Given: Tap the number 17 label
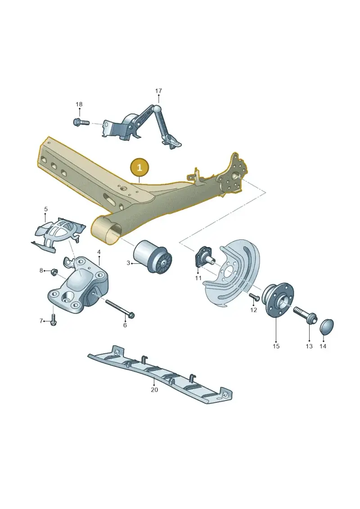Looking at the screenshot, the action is pyautogui.click(x=158, y=91).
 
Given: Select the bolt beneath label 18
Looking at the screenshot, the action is pyautogui.click(x=81, y=123).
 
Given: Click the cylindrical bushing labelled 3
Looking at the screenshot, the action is pyautogui.click(x=153, y=257).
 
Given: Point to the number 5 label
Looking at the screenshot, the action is pyautogui.click(x=46, y=209).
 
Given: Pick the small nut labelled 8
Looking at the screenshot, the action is pyautogui.click(x=54, y=271).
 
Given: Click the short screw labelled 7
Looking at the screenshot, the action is pyautogui.click(x=54, y=319).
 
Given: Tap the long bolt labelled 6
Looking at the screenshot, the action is pyautogui.click(x=120, y=308).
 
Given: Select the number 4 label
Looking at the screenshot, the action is pyautogui.click(x=99, y=252).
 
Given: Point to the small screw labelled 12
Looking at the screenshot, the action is pyautogui.click(x=253, y=296).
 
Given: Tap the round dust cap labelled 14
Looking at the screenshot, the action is pyautogui.click(x=327, y=326).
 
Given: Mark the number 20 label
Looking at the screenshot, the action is pyautogui.click(x=154, y=390).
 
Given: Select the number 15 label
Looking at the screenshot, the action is pyautogui.click(x=276, y=347).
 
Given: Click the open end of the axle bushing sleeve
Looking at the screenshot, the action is pyautogui.click(x=106, y=231).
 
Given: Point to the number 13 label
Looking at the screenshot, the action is pyautogui.click(x=309, y=347).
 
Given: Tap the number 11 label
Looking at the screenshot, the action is pyautogui.click(x=198, y=278).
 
